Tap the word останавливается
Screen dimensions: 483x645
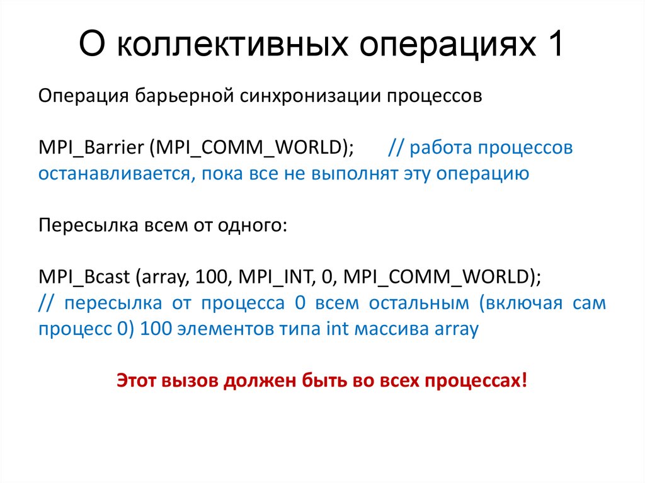point(110,173)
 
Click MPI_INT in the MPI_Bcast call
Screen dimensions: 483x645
point(260,276)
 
